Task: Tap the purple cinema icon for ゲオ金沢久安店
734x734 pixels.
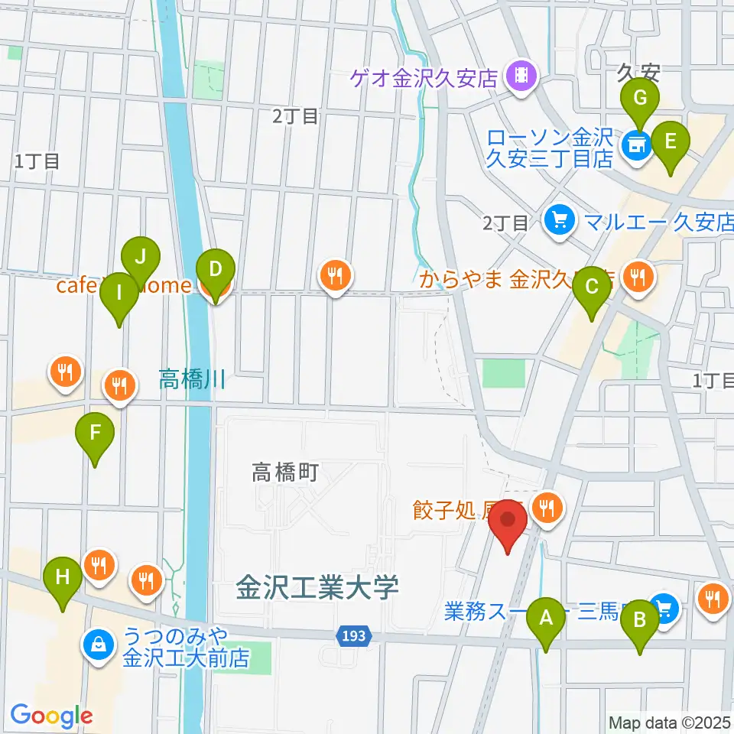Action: pos(522,76)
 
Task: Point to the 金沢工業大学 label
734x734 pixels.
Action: pos(317,589)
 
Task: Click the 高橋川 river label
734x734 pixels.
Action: pos(192,378)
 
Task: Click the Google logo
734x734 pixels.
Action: pos(51,716)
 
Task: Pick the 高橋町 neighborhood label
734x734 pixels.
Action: pos(285,473)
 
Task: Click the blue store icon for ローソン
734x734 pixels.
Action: pos(635,143)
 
